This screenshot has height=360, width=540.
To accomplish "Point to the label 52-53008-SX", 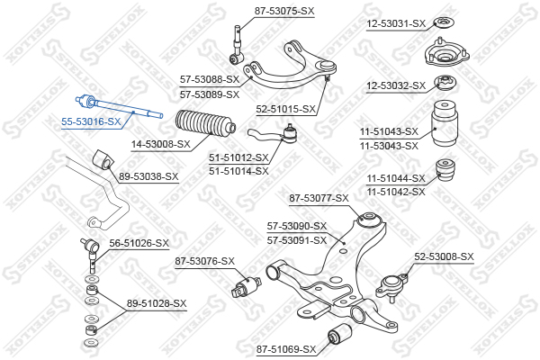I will [x=444, y=256].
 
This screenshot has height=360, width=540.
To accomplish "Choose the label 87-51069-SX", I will [x=285, y=348].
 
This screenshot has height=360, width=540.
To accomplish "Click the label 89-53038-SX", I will [x=148, y=177].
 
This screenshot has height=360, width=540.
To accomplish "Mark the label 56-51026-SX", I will [x=139, y=243].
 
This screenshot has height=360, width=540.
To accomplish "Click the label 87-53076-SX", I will [x=204, y=261].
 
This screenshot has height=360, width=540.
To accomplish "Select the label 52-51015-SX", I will [x=286, y=109].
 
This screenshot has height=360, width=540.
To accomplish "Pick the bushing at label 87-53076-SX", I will [x=246, y=290].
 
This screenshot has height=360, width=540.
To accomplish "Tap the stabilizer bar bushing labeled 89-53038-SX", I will [x=101, y=160].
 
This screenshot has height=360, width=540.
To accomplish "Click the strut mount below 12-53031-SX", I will [x=442, y=58].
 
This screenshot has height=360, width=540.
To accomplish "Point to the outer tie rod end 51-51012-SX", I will [x=276, y=137].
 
